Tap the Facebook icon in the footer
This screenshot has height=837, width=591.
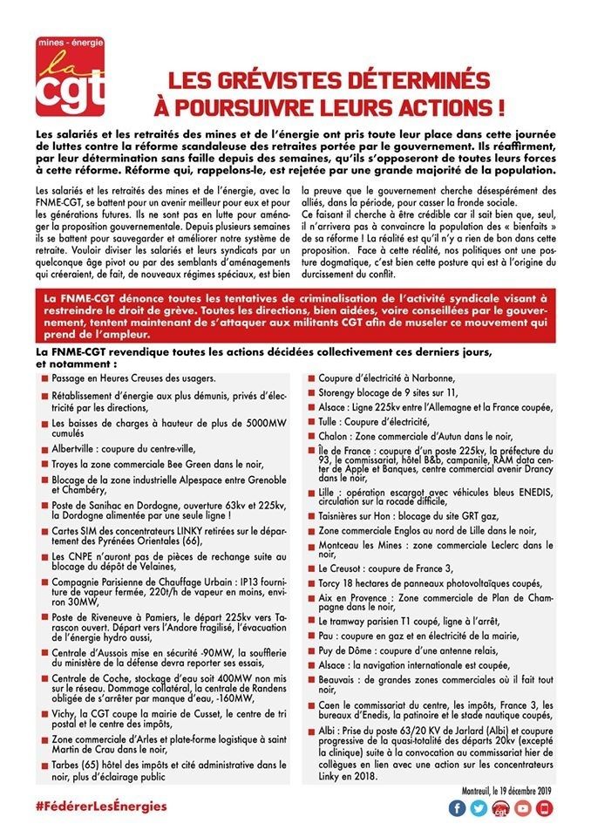pyautogui.click(x=457, y=807)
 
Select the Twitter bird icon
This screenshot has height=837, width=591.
pyautogui.click(x=479, y=807)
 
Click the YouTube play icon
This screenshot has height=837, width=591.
pyautogui.click(x=523, y=807)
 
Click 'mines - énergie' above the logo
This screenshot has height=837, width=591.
pyautogui.click(x=71, y=42)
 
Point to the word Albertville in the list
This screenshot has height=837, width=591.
pyautogui.click(x=74, y=449)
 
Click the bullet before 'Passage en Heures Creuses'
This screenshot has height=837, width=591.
pyautogui.click(x=44, y=379)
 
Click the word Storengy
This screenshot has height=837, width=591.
pyautogui.click(x=339, y=392)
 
